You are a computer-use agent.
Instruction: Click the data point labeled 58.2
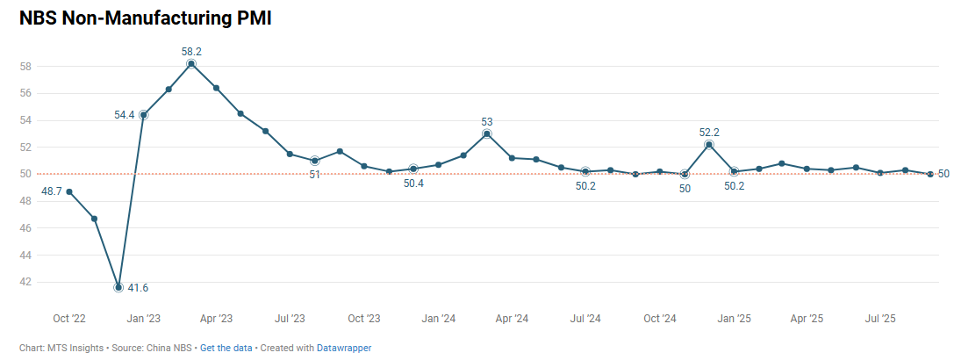[191, 63]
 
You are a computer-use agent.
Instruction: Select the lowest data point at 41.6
[118, 287]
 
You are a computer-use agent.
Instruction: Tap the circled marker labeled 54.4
[143, 114]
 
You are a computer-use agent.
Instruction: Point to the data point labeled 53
[487, 133]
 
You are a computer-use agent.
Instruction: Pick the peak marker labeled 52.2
[709, 144]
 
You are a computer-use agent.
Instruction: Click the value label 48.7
[51, 191]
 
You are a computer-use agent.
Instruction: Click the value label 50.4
[413, 184]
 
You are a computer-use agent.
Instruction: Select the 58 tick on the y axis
[25, 66]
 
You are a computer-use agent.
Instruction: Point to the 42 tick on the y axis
[25, 282]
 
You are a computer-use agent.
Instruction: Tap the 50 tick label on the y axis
[25, 174]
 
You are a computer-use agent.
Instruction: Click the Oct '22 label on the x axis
[68, 318]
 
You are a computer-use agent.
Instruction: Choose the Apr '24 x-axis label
[512, 318]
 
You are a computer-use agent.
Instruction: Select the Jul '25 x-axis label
[881, 318]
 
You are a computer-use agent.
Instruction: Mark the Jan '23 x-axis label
[143, 318]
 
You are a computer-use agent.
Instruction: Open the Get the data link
[226, 348]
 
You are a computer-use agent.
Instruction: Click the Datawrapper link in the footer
[344, 348]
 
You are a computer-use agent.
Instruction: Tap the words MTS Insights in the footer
[74, 348]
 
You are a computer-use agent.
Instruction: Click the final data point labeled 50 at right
[930, 174]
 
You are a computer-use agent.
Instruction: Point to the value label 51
[314, 175]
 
